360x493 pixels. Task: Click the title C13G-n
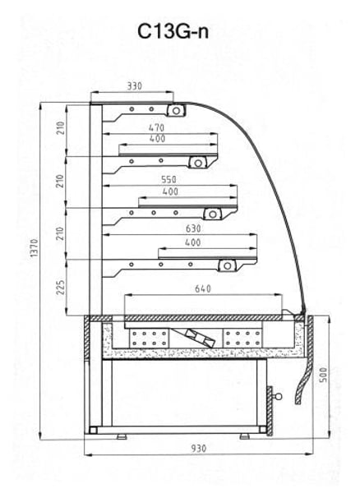tap(173, 32)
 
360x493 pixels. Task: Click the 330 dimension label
tap(135, 85)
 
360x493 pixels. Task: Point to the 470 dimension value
tap(156, 128)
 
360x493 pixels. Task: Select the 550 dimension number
tap(168, 179)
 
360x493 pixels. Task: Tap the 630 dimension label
tap(193, 228)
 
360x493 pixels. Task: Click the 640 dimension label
tap(203, 288)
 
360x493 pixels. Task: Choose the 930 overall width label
tap(199, 448)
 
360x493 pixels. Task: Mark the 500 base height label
tap(323, 375)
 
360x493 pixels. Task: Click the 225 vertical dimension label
tap(60, 288)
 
